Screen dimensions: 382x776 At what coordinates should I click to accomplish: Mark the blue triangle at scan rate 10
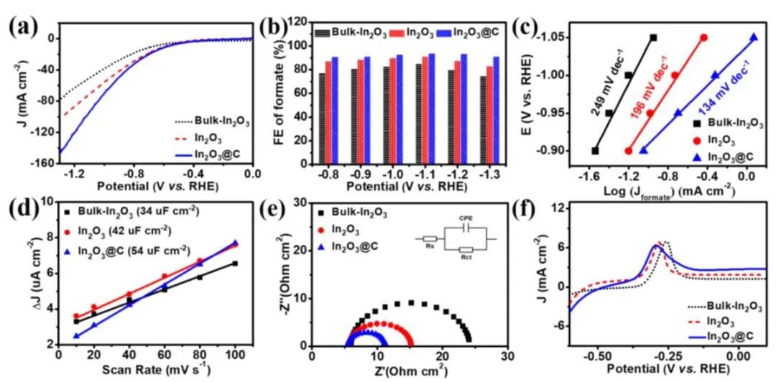pyautogui.click(x=76, y=335)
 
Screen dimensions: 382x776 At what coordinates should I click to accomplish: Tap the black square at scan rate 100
pyautogui.click(x=235, y=264)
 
